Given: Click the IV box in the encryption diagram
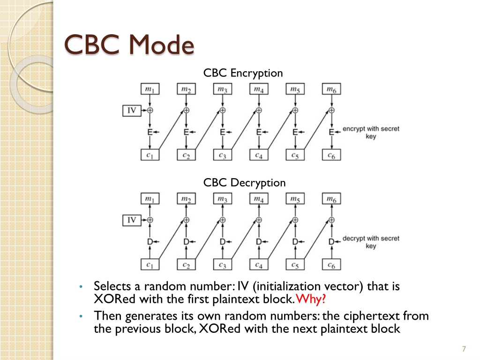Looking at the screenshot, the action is tap(132, 111).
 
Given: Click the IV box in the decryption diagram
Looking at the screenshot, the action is tap(132, 220).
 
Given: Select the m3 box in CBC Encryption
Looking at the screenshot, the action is tap(223, 89).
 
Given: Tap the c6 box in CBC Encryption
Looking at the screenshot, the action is tap(331, 155).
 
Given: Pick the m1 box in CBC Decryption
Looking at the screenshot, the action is tap(150, 199).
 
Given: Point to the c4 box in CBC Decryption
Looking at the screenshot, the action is tap(259, 264).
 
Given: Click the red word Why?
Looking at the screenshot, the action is tap(310, 299).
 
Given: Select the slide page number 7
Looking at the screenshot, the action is tap(464, 349).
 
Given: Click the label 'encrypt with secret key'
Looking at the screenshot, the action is tap(371, 133).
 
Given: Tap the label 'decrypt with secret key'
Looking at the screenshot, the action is tap(371, 242).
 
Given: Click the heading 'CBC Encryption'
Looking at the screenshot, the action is tap(243, 73).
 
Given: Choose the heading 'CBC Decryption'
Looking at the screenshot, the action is tap(244, 183).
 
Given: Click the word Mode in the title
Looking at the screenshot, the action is tap(162, 45).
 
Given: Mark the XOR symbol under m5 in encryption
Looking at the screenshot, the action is tap(295, 110).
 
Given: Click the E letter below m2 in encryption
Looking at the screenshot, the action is tap(186, 132).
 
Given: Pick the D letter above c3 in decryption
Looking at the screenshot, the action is tap(223, 242).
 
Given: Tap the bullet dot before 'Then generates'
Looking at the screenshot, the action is tap(81, 316).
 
